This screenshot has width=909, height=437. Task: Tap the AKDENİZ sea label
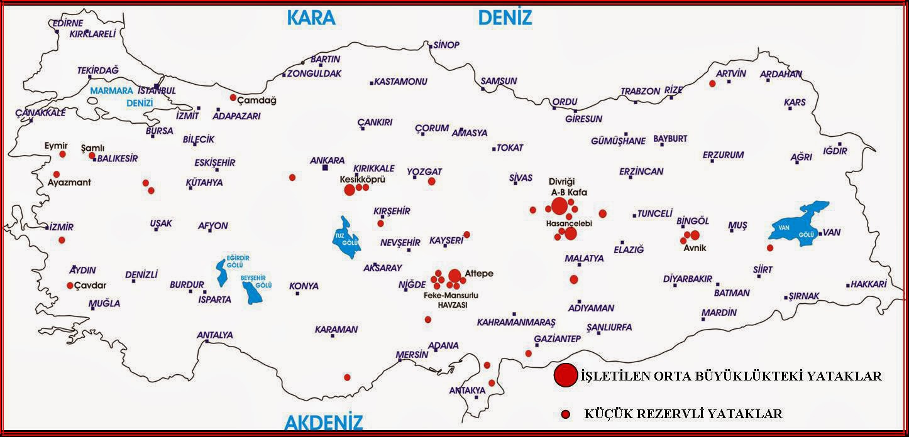tap(324, 421)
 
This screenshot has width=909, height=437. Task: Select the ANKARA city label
tap(327, 160)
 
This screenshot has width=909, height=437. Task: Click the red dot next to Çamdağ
tap(233, 97)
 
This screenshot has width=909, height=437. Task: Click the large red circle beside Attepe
tap(454, 276)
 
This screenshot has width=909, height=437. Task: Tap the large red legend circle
tap(565, 375)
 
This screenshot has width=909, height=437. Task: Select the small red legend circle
tap(566, 414)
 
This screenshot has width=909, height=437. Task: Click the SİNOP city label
tap(446, 45)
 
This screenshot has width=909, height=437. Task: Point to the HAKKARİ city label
tap(869, 284)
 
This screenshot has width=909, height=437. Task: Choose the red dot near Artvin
tap(712, 83)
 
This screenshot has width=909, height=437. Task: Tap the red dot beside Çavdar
tap(70, 285)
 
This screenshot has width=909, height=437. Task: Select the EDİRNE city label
tap(67, 23)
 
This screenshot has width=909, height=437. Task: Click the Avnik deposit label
tap(695, 247)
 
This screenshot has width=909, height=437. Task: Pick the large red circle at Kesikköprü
tap(350, 190)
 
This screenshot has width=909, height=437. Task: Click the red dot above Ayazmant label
tap(57, 174)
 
